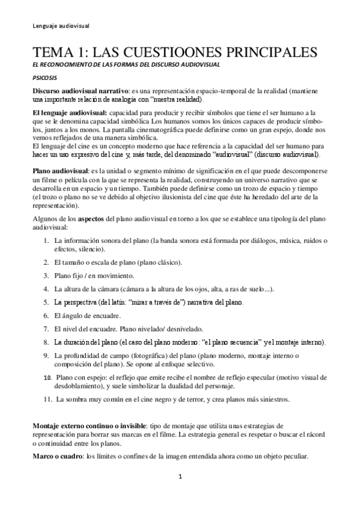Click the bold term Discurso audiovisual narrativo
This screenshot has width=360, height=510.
(81, 90)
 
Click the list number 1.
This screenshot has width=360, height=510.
(46, 241)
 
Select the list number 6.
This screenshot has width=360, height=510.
(46, 315)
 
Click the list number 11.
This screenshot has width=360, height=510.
(47, 399)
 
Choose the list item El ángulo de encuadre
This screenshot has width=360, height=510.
(87, 315)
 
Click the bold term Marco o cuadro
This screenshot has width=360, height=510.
(58, 456)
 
